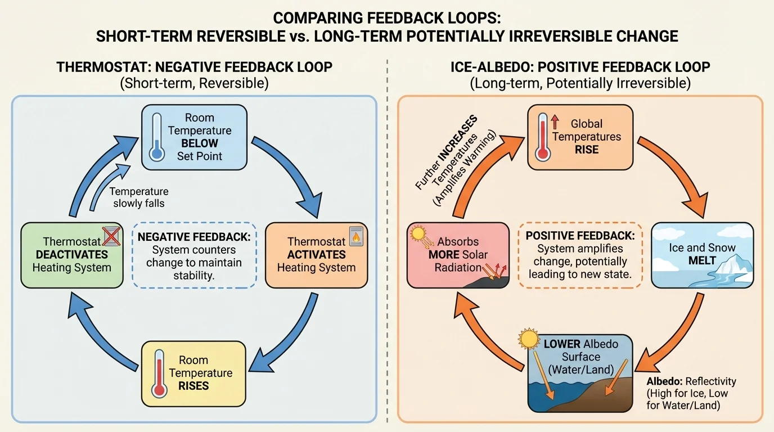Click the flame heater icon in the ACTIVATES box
(356, 237)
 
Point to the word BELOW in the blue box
(199, 143)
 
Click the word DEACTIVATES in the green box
(71, 255)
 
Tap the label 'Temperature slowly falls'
(139, 197)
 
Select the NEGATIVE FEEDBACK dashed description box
(195, 255)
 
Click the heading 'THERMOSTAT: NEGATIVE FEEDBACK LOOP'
(194, 67)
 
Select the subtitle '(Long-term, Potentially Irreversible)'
(580, 83)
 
